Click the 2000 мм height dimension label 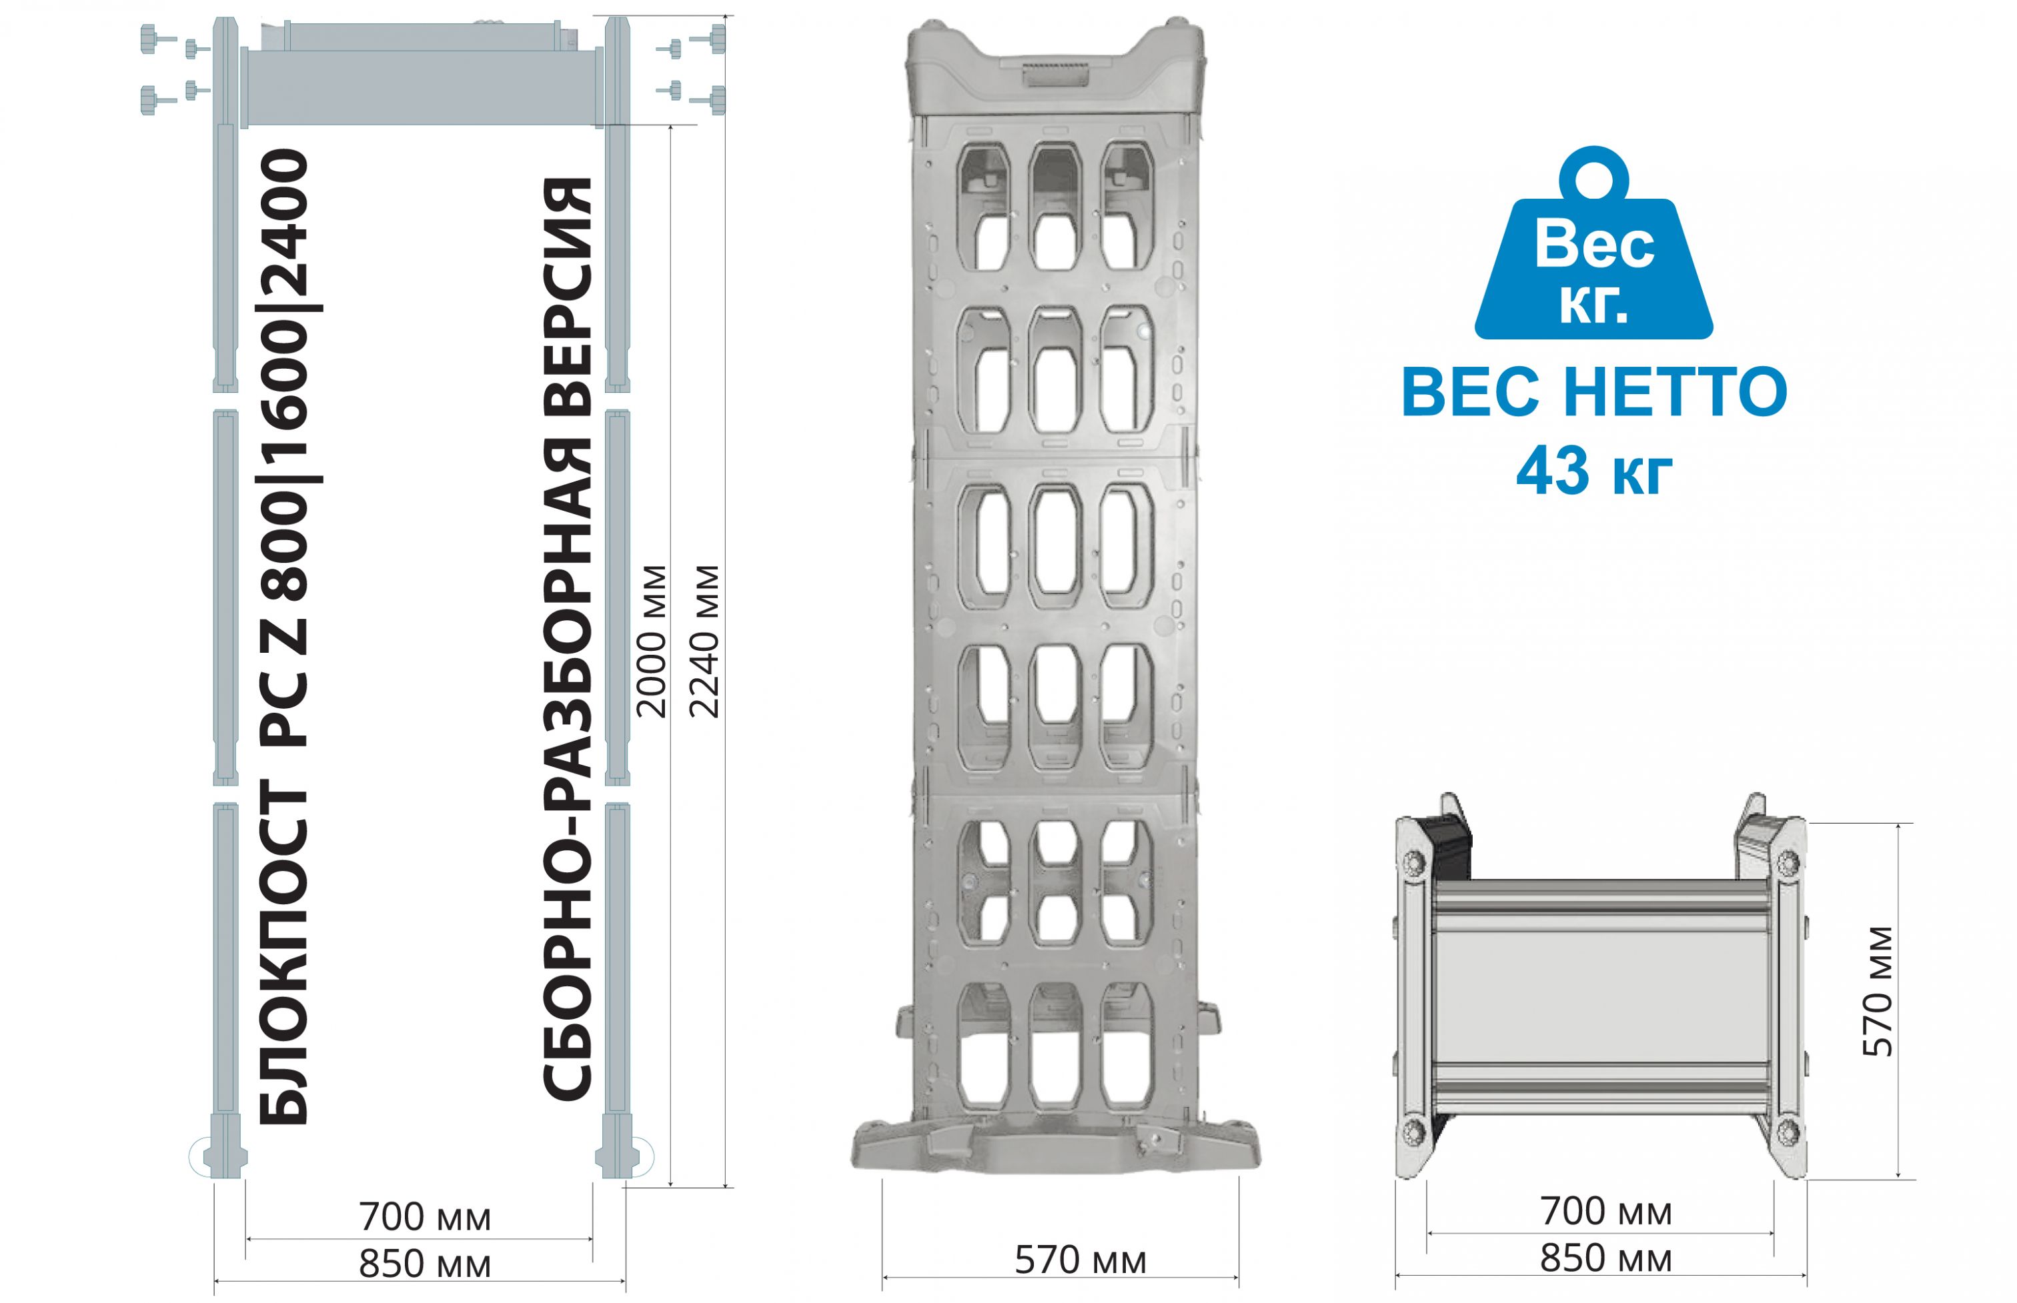coord(652,641)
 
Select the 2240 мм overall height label coord(704,641)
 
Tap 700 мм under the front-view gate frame coord(425,1218)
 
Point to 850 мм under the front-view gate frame coord(425,1265)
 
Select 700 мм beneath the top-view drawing coord(1606,1212)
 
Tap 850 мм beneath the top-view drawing coord(1606,1259)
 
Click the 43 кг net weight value coord(1594,471)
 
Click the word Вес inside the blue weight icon coord(1594,245)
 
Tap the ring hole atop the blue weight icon coord(1594,179)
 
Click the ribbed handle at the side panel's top coord(1055,77)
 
